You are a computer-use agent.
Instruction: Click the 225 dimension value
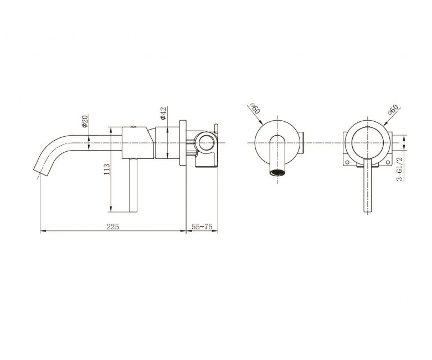112,227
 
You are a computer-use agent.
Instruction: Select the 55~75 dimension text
202,227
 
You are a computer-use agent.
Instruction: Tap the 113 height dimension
107,169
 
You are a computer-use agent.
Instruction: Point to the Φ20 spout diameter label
84,121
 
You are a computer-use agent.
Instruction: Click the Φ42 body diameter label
163,113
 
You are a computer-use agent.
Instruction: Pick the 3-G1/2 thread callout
399,169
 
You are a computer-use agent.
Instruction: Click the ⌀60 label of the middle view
255,109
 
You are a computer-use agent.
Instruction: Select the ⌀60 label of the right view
393,109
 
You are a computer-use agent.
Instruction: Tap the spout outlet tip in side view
40,171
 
